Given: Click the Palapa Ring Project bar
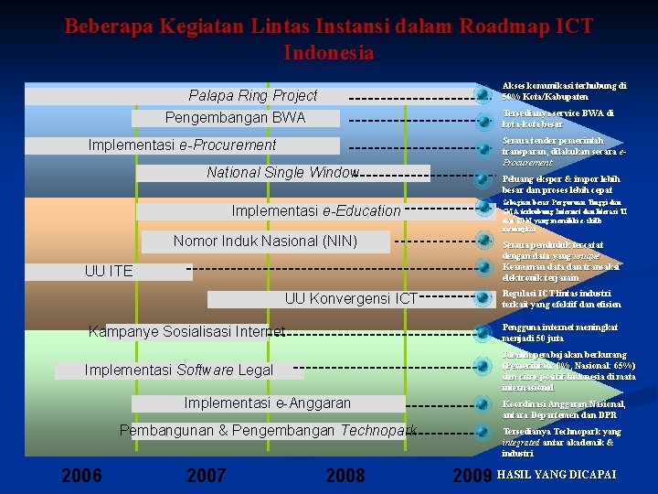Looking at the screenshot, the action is pyautogui.click(x=253, y=96).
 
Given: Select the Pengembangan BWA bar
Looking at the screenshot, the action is pyautogui.click(x=235, y=118).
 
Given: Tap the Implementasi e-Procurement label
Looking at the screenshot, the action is pyautogui.click(x=182, y=145).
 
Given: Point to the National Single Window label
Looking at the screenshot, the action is pyautogui.click(x=282, y=173).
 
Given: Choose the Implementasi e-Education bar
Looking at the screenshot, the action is pyautogui.click(x=315, y=211).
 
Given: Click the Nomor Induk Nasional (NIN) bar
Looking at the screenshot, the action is pyautogui.click(x=265, y=242).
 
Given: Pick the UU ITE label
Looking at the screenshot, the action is pyautogui.click(x=108, y=271).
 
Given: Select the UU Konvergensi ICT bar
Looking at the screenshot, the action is pyautogui.click(x=351, y=298).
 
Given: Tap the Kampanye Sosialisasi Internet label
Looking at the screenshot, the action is pyautogui.click(x=186, y=331).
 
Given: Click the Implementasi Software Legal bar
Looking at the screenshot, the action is pyautogui.click(x=178, y=370).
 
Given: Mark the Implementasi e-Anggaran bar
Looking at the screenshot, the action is pyautogui.click(x=267, y=403).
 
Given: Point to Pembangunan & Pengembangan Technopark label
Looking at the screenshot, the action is pyautogui.click(x=268, y=430).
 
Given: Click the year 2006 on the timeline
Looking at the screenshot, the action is pyautogui.click(x=81, y=475).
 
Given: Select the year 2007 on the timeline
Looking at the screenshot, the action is pyautogui.click(x=207, y=475).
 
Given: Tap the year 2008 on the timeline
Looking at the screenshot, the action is pyautogui.click(x=345, y=475).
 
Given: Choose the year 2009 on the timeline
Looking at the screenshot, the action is pyautogui.click(x=472, y=475).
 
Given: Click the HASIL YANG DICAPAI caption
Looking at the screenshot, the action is pyautogui.click(x=557, y=475).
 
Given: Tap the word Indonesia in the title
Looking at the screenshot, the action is pyautogui.click(x=329, y=52).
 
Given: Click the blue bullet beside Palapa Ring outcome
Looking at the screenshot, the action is pyautogui.click(x=482, y=92).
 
